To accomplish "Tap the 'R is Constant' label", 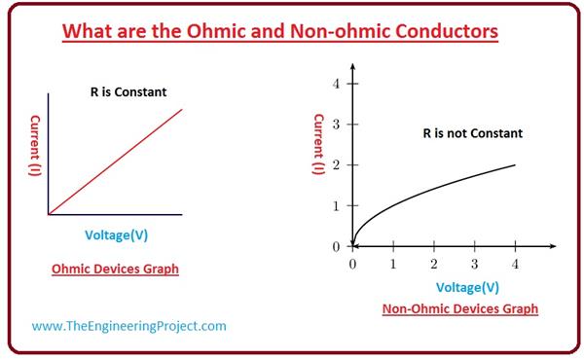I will click(122, 92).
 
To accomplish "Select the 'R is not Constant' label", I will click(472, 132).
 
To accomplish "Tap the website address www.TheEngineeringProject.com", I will click(128, 326).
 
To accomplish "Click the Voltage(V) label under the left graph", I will click(116, 235).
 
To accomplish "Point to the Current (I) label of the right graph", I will click(318, 144).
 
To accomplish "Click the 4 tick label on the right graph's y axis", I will click(336, 84).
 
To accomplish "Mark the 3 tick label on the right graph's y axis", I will click(336, 125).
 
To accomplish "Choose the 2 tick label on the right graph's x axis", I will click(434, 264).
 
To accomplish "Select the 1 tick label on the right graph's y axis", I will click(336, 206).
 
